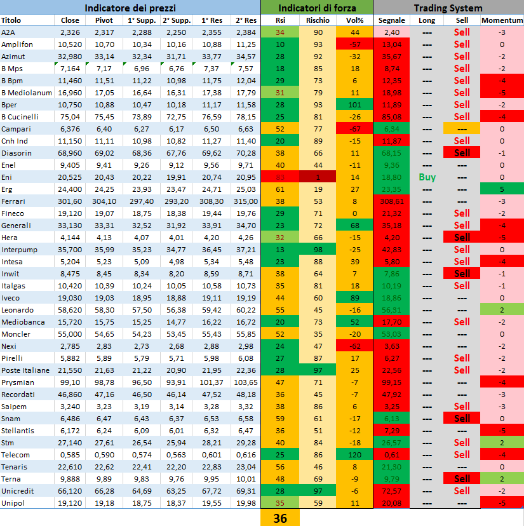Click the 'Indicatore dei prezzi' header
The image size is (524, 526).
[x=130, y=8]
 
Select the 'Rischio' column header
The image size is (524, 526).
[x=318, y=20]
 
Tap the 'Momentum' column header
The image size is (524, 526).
[x=502, y=20]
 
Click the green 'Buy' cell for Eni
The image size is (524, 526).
[x=427, y=177]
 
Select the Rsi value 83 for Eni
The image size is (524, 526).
[x=280, y=177]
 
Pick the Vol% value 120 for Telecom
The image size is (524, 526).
[x=355, y=455]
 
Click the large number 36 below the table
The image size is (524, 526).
[x=280, y=518]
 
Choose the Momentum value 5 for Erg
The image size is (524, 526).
[x=502, y=189]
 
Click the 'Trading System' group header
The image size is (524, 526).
[x=448, y=8]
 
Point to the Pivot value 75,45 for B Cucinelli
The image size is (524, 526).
[x=104, y=117]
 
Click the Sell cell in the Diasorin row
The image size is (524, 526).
[x=462, y=153]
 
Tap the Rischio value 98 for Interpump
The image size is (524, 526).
[x=318, y=250]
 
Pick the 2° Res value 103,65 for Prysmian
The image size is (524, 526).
[x=246, y=382]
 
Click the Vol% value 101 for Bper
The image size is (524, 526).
[x=355, y=105]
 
